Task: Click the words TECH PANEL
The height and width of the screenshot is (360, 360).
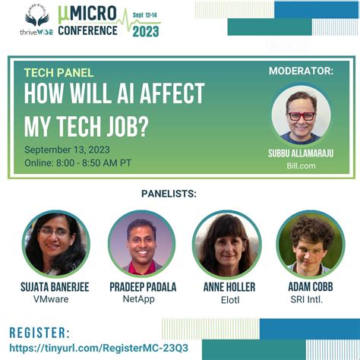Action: [58, 73]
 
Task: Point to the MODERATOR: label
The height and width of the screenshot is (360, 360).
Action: [301, 71]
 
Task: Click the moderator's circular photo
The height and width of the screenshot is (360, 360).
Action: [302, 114]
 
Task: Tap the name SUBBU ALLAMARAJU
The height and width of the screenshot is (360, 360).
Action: [301, 153]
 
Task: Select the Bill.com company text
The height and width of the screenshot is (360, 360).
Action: [301, 165]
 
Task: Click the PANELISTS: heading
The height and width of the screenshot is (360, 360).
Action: [169, 194]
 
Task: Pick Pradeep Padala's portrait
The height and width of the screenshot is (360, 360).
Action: [142, 244]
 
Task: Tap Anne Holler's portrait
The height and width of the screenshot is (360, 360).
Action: [226, 244]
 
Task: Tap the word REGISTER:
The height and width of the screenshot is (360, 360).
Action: [39, 332]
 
